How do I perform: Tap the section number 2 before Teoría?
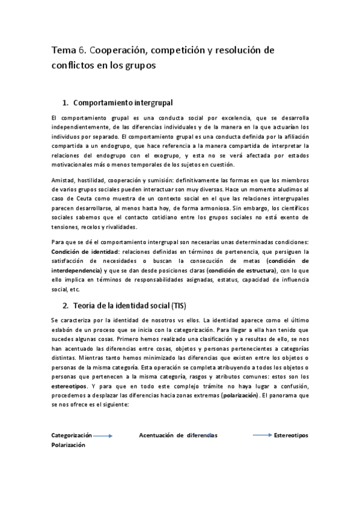tap(66, 306)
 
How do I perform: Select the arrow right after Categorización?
tap(103, 435)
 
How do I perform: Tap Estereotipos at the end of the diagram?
tap(291, 435)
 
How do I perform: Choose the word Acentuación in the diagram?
tap(158, 435)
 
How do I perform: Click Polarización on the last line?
tap(68, 445)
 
